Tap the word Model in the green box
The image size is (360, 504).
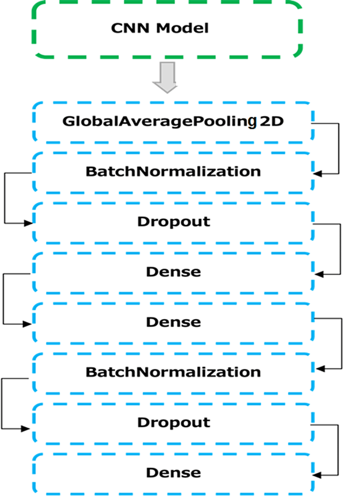point(183,28)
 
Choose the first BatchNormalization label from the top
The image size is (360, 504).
point(173,171)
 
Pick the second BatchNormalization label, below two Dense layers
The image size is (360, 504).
point(173,372)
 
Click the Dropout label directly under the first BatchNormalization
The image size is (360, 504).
point(173,222)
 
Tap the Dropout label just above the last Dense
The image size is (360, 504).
point(173,423)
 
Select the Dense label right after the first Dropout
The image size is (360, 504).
point(173,272)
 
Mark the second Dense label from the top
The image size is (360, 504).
point(173,322)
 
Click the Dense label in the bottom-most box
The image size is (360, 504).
point(173,473)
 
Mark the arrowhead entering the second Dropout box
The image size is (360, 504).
point(26,429)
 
